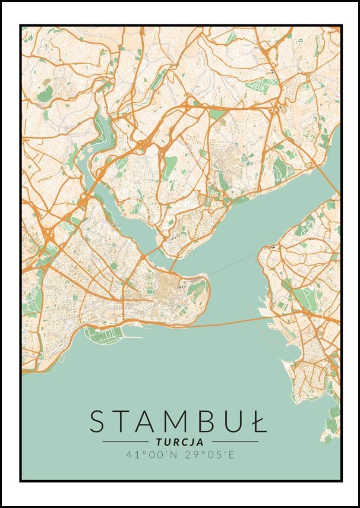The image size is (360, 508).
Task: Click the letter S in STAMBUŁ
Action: [x=99, y=421]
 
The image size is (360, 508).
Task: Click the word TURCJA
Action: [x=180, y=442]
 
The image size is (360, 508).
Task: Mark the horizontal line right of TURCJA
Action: [x=235, y=442]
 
